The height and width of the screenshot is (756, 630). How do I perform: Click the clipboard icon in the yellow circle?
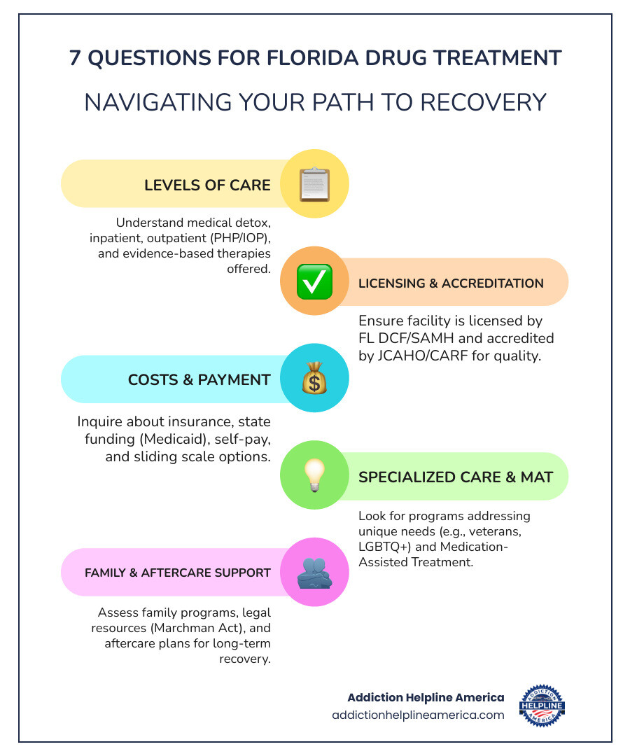pos(314,184)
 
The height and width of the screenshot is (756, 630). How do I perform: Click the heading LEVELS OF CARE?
pos(207,185)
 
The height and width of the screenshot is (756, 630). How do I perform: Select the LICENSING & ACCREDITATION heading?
pos(451,283)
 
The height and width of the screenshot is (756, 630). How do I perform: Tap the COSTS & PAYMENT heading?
pos(199,380)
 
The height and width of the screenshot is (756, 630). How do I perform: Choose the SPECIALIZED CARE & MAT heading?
pos(456,477)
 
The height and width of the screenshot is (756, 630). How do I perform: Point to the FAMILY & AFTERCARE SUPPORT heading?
pos(178,573)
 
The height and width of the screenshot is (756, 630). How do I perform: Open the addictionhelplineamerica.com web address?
pos(418,715)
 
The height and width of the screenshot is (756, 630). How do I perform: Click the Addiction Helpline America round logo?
pos(542,706)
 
